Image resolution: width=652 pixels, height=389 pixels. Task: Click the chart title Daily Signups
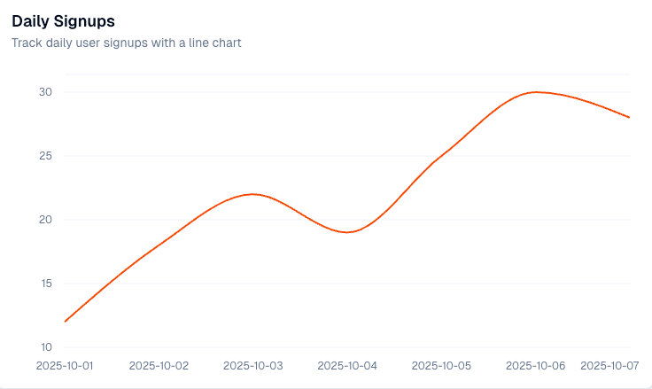click(63, 19)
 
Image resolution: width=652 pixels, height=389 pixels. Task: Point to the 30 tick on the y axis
click(45, 92)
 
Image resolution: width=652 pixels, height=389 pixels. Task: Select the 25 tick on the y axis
click(45, 156)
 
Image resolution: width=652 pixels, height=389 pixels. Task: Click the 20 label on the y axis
click(45, 220)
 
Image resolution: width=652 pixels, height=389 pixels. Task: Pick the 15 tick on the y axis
click(45, 284)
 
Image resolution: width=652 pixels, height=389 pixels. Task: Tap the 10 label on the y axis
click(45, 346)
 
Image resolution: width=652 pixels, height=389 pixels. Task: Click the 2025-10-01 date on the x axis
click(65, 365)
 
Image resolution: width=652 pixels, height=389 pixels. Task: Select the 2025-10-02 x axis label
click(159, 365)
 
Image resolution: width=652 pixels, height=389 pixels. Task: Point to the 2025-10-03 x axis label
click(253, 365)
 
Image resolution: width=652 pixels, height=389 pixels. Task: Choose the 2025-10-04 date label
click(347, 365)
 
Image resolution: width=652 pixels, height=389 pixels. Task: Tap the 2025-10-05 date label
click(442, 365)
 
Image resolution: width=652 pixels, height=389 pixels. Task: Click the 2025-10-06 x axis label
click(536, 365)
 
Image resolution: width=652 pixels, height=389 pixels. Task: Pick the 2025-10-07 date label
click(609, 365)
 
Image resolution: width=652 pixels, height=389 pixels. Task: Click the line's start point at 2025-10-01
click(66, 322)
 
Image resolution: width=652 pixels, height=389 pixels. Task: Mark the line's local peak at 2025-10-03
click(253, 194)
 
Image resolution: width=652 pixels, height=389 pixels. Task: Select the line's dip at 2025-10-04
click(348, 232)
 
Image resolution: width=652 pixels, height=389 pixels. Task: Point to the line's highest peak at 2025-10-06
click(536, 92)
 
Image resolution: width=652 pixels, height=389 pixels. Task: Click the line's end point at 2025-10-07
click(630, 118)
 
